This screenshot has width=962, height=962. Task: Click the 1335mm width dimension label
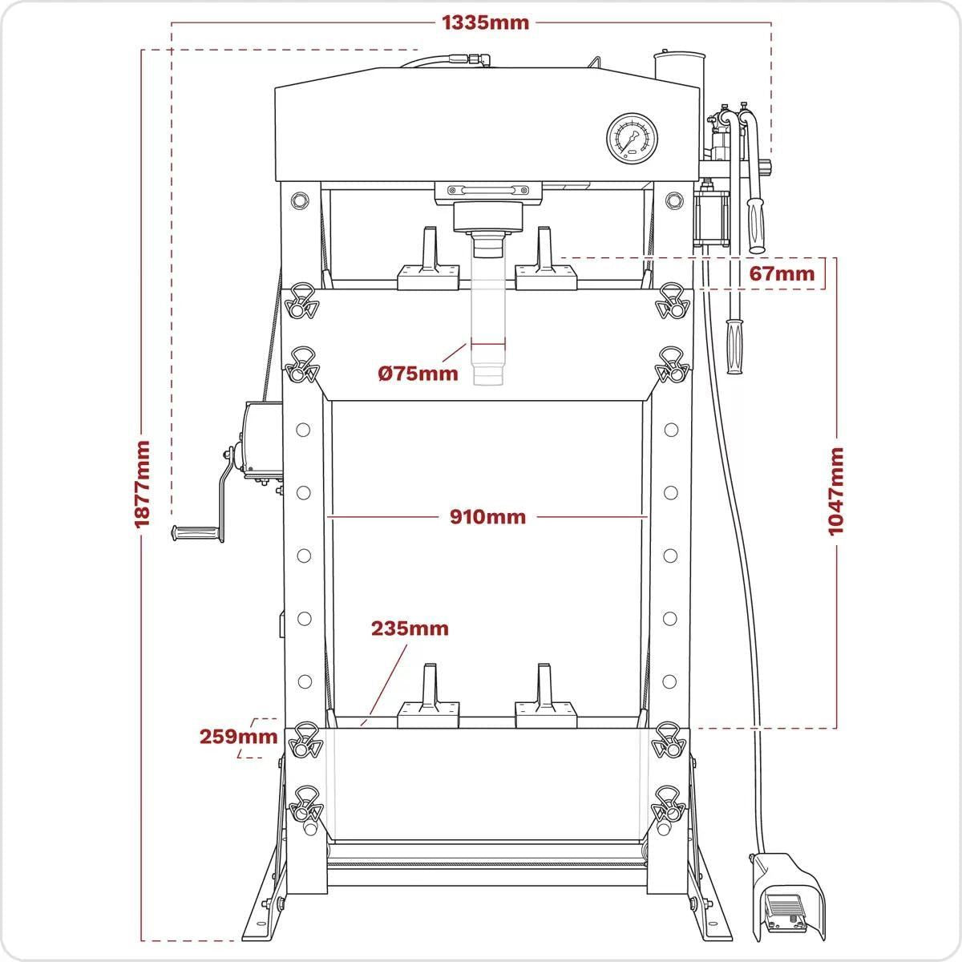pos(486,22)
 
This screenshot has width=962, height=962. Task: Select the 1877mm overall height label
pos(142,483)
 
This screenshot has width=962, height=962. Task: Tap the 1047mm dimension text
pos(835,491)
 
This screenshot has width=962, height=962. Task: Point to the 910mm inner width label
pos(487,517)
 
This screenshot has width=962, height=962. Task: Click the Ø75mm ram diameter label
pos(418,373)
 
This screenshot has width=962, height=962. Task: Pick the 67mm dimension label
pos(781,273)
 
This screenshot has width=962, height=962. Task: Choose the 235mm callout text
pos(409,629)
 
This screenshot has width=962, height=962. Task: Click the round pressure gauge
pos(633,138)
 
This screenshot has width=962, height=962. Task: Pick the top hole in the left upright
pos(303,430)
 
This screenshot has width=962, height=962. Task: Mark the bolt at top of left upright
pos(300,199)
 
